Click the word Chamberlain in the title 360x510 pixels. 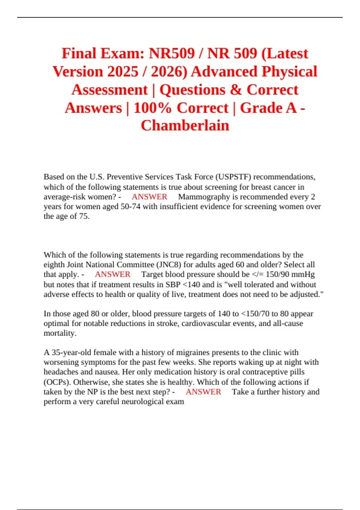click(185, 125)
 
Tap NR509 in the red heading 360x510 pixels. click(172, 53)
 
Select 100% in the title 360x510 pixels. click(152, 108)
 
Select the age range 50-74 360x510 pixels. click(130, 206)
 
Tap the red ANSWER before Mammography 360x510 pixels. click(149, 197)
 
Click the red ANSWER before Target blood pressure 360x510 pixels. click(112, 274)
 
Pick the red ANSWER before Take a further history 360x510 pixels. click(203, 392)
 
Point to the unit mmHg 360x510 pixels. click(304, 274)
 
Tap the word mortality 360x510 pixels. click(60, 333)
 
